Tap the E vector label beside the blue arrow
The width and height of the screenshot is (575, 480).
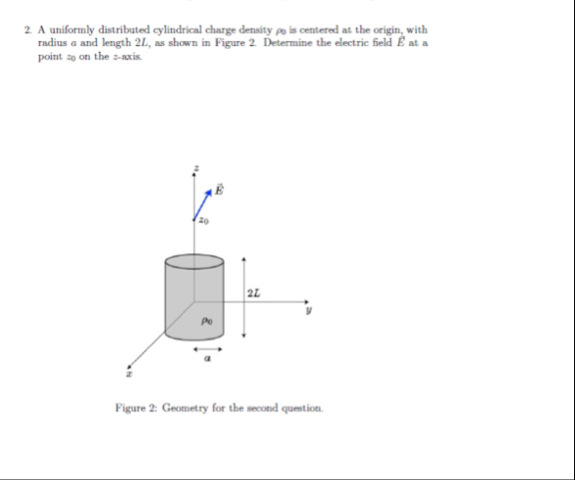219,189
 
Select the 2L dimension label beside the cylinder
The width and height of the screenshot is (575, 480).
255,292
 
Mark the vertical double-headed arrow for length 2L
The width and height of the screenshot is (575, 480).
243,293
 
